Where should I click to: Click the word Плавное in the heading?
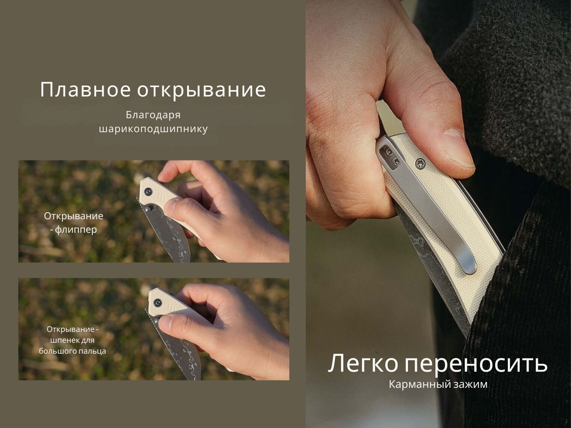pyautogui.click(x=85, y=90)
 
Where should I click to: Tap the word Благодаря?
pyautogui.click(x=153, y=115)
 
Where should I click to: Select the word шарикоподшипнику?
pyautogui.click(x=153, y=129)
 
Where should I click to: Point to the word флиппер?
pyautogui.click(x=76, y=229)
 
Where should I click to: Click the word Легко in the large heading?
pyautogui.click(x=363, y=363)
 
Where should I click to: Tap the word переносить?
pyautogui.click(x=476, y=364)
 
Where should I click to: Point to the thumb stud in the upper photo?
pyautogui.click(x=149, y=208)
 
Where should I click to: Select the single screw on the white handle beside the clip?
pyautogui.click(x=419, y=163)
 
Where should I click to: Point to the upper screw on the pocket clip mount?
pyautogui.click(x=390, y=152)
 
